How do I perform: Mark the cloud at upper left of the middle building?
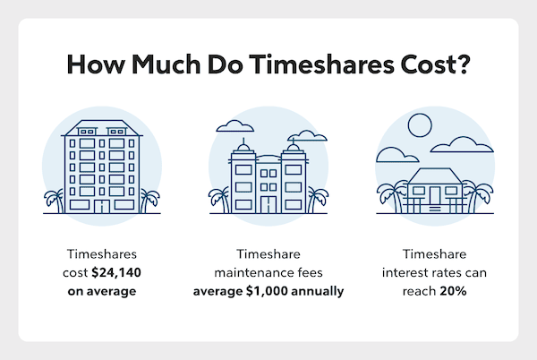click(x=235, y=124)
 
